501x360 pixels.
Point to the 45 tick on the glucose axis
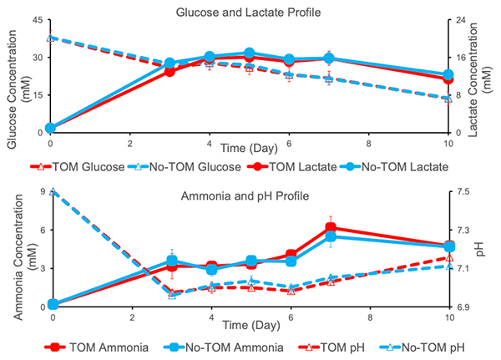point(37,20)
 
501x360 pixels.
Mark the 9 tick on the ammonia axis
point(39,191)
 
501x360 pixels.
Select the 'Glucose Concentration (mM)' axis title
point(18,76)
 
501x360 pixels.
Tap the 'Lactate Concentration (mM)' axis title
point(490,76)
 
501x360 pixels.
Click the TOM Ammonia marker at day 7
point(331,228)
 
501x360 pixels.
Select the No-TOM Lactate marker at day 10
point(448,75)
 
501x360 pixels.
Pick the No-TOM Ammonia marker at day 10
point(448,247)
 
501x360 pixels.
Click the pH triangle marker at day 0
point(52,191)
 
